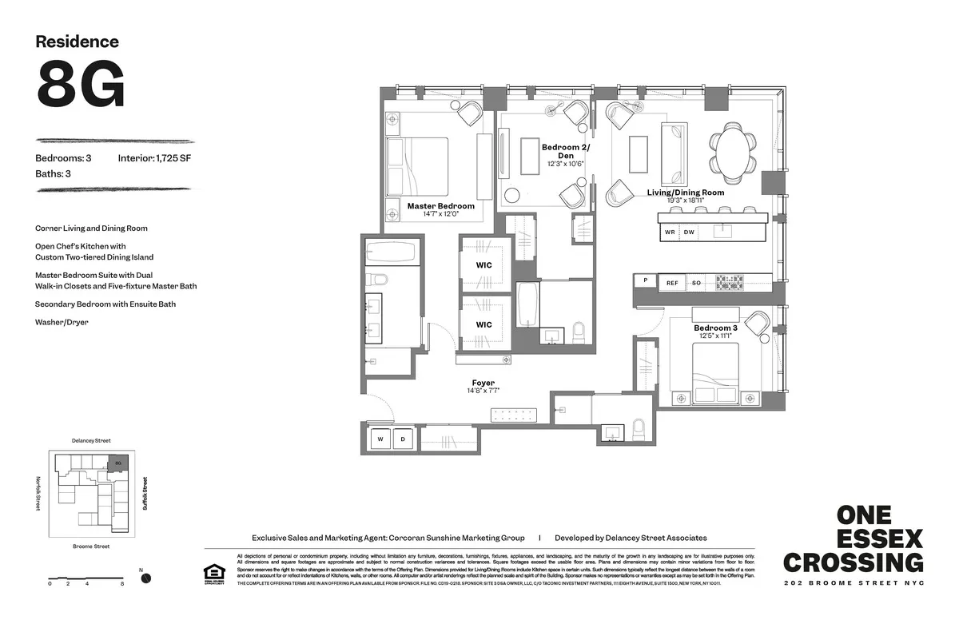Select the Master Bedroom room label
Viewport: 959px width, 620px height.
440,206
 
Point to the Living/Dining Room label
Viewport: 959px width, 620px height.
685,193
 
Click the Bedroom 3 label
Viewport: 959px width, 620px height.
715,328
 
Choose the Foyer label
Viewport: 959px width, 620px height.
483,383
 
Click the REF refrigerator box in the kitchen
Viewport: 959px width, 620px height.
672,283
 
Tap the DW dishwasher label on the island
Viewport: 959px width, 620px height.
689,232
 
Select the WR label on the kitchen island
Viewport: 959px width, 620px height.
669,232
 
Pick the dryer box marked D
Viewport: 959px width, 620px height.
402,439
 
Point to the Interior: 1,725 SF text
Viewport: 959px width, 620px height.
154,158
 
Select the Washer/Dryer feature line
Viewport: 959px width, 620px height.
62,322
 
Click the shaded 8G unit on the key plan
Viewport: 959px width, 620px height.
117,463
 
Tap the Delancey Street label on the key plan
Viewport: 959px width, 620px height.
91,440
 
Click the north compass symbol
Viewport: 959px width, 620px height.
145,578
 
